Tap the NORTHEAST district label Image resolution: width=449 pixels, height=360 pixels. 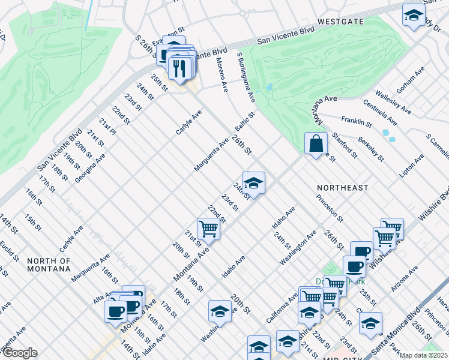click(342, 188)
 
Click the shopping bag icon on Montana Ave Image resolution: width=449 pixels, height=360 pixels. click(316, 144)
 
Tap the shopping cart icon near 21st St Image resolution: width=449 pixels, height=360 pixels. click(208, 229)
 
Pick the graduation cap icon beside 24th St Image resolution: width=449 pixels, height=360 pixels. click(253, 183)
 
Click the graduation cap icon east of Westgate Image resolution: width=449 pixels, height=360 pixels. click(414, 16)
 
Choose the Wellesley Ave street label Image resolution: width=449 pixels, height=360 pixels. click(393, 103)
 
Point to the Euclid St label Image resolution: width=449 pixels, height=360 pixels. click(8, 251)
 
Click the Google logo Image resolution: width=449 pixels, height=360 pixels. click(20, 353)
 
